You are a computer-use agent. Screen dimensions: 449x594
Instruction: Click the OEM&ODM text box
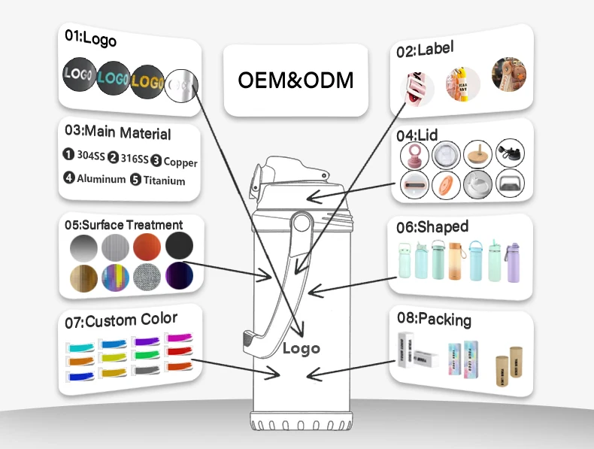click(295, 80)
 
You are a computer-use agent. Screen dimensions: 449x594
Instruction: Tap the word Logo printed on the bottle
click(301, 348)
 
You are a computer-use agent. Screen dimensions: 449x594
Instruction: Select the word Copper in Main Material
click(180, 162)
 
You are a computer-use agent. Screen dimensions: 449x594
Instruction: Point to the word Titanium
click(164, 181)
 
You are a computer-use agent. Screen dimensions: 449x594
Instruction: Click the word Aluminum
click(102, 179)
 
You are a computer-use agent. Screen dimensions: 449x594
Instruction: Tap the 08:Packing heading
click(435, 320)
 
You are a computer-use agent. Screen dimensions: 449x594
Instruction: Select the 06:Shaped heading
click(435, 226)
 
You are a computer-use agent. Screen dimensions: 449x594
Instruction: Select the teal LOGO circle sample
click(113, 77)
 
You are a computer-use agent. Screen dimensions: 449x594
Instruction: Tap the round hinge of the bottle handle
click(302, 223)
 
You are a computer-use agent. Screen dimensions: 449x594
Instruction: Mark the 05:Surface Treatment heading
click(123, 225)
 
